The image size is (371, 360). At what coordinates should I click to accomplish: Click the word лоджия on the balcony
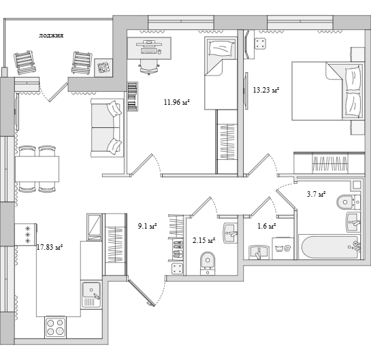click(51, 35)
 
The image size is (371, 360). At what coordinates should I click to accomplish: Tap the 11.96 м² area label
click(177, 102)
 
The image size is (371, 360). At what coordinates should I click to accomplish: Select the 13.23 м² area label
click(266, 90)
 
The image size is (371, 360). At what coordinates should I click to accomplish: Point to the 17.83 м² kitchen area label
click(50, 248)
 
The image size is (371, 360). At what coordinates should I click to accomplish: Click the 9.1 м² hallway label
click(148, 226)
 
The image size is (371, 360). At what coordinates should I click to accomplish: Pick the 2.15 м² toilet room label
click(204, 241)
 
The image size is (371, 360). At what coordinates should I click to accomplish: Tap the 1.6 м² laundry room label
click(266, 226)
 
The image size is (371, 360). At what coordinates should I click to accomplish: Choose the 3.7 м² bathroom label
click(316, 194)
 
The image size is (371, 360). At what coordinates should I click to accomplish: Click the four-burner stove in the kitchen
click(55, 327)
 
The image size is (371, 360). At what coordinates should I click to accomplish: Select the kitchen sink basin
click(91, 290)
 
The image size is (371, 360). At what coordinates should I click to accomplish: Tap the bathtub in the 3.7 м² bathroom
click(330, 247)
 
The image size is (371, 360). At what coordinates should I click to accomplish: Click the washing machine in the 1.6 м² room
click(283, 248)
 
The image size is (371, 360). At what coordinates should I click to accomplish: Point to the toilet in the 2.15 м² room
click(208, 263)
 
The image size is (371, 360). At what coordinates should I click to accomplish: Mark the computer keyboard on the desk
click(149, 50)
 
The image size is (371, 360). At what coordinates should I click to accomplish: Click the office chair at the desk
click(148, 67)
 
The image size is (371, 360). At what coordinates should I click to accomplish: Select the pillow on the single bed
click(221, 48)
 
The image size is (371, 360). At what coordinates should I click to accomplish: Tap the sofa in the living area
click(107, 128)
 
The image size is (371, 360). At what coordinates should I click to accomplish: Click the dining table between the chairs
click(37, 169)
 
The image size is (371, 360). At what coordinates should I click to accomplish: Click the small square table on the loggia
click(103, 67)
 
